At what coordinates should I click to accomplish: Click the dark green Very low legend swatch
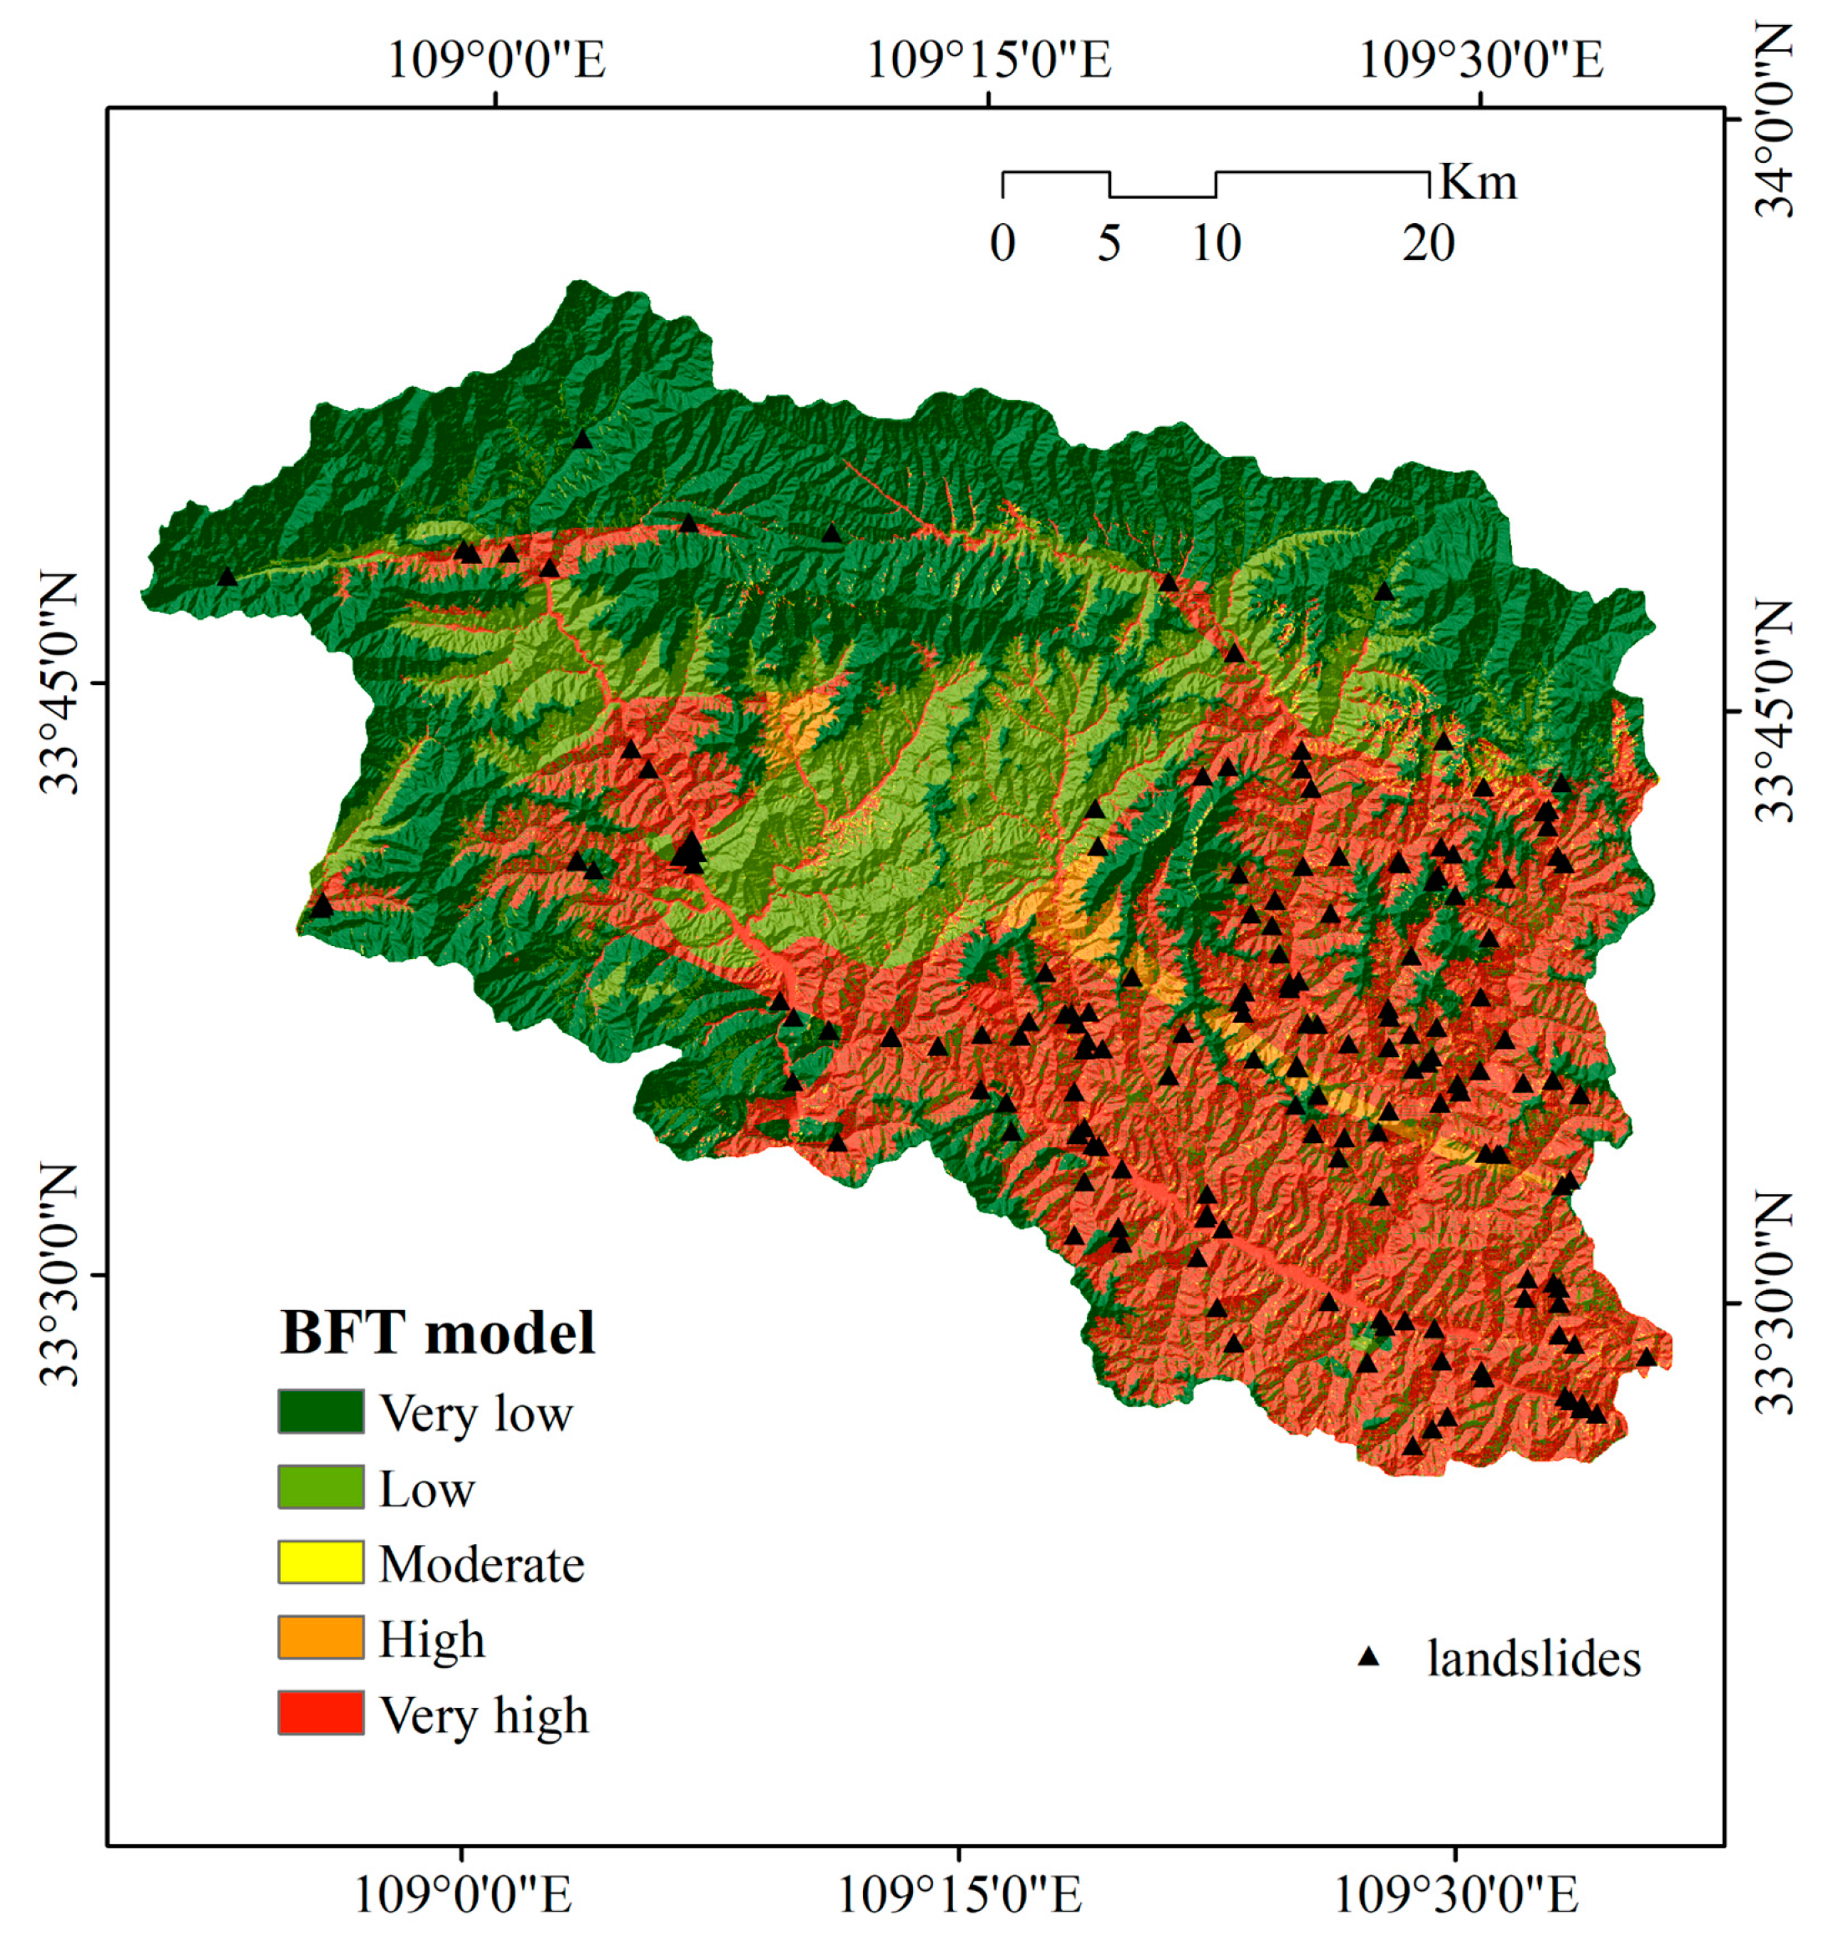(x=320, y=1412)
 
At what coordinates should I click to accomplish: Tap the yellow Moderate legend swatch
(x=320, y=1562)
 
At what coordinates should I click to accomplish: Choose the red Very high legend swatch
(x=320, y=1714)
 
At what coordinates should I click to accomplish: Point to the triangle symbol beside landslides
(x=1368, y=1658)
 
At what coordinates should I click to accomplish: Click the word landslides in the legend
(x=1533, y=1659)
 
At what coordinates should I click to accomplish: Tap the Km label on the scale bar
(x=1478, y=182)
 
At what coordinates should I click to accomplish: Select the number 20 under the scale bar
(x=1428, y=243)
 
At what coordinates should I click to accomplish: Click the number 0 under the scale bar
(x=1002, y=243)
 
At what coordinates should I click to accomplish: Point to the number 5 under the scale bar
(x=1109, y=243)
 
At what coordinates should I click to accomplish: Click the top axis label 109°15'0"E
(x=988, y=61)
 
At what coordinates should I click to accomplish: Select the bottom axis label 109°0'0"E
(x=462, y=1894)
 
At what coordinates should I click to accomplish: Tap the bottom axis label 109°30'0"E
(x=1456, y=1894)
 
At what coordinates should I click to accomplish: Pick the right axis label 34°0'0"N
(x=1774, y=119)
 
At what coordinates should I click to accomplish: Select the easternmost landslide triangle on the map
(x=1646, y=1357)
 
